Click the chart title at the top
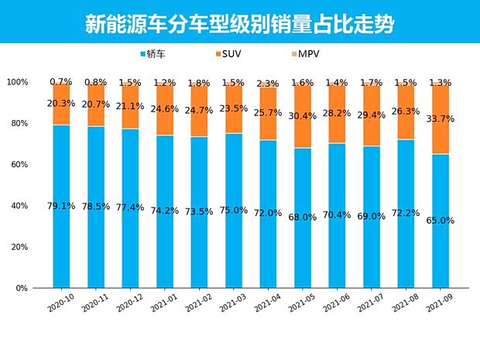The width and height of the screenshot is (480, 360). tap(239, 24)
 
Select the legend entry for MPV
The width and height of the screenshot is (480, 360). tap(308, 53)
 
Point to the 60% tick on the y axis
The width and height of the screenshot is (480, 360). tap(17, 165)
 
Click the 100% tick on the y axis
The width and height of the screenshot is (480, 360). tap(17, 82)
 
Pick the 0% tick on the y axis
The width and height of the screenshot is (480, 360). tap(22, 288)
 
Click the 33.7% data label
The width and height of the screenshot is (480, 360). tap(440, 118)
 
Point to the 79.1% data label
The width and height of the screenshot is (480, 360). tap(61, 206)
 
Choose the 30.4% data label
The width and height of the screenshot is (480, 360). tap(302, 116)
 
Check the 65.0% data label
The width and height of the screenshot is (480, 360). tap(440, 221)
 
